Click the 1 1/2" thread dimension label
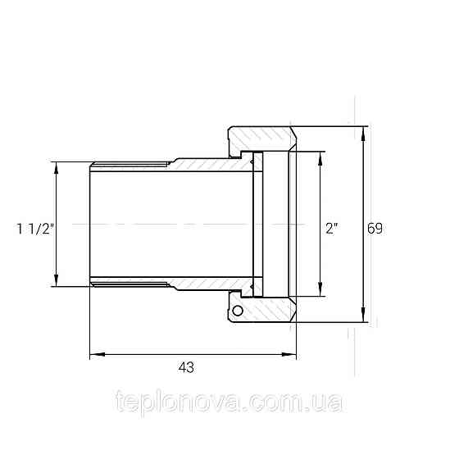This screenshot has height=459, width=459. click(x=35, y=229)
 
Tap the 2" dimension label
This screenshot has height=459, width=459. click(x=332, y=229)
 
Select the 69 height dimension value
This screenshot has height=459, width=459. click(x=375, y=229)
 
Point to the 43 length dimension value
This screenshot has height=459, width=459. click(x=186, y=367)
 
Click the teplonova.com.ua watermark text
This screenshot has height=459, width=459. click(x=229, y=402)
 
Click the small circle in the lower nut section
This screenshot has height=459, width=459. click(x=238, y=311)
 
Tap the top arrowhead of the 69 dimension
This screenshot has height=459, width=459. click(x=363, y=134)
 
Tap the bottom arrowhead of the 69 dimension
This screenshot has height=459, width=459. click(x=363, y=314)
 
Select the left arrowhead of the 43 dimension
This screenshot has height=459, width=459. click(x=98, y=354)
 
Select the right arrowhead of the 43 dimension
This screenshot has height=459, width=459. click(x=289, y=354)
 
